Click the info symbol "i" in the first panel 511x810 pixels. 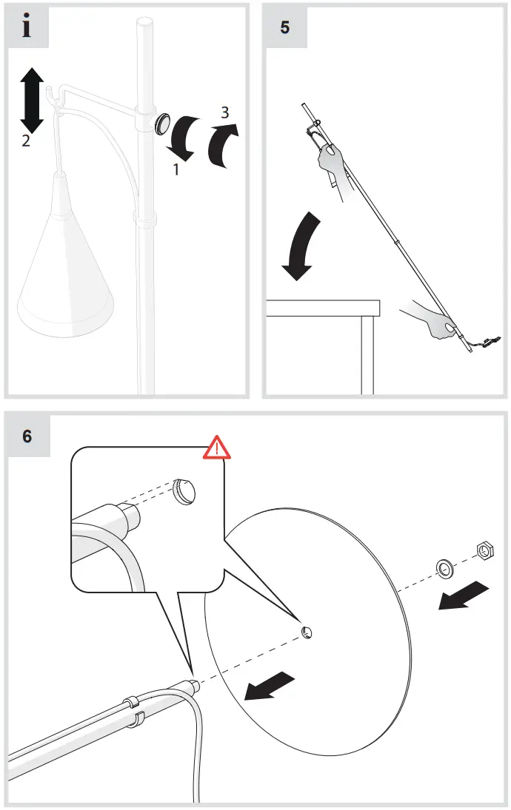point(27,27)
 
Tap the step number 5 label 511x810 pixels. point(285,27)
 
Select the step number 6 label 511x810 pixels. point(27,436)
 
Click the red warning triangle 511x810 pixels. point(217,448)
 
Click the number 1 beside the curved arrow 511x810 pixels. point(176,169)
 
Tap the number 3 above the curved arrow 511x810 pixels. point(225,112)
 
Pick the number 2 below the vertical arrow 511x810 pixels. point(25,141)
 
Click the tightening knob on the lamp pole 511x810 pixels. point(161,124)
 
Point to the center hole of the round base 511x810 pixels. point(307,631)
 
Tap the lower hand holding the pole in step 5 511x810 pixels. point(433,322)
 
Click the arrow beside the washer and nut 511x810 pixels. point(464,595)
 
